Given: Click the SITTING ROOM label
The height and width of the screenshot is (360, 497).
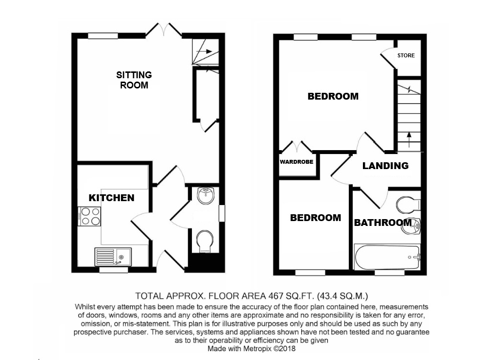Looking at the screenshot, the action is click(x=134, y=80).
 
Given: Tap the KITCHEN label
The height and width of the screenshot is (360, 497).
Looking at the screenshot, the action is click(x=112, y=198).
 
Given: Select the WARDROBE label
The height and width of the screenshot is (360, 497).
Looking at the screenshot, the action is click(x=296, y=162).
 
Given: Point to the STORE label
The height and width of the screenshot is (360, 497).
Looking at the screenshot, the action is click(x=406, y=55).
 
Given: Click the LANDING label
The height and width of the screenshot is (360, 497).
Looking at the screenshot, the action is click(x=385, y=165).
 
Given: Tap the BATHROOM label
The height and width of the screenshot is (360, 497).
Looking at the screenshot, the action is click(x=383, y=223).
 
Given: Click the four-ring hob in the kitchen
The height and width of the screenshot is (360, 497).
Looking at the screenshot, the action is click(x=90, y=216).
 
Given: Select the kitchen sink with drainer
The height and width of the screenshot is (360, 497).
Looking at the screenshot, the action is click(x=113, y=257).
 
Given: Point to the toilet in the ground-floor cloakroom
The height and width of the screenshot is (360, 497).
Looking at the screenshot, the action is click(x=205, y=241).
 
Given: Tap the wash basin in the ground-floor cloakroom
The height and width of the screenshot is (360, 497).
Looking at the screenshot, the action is click(x=206, y=195).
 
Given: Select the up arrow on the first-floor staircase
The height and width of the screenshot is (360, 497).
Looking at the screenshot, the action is click(x=409, y=140).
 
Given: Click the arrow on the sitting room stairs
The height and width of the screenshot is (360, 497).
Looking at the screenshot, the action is click(x=205, y=51).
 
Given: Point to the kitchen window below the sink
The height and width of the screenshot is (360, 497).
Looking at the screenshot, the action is click(x=114, y=270).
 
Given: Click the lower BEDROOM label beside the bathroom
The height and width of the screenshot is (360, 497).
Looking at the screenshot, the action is click(x=315, y=218).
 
